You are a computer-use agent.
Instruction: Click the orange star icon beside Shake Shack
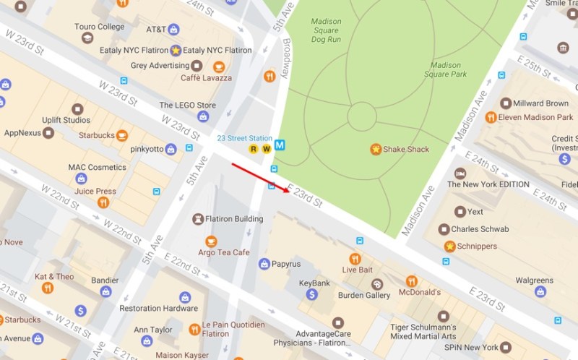point(376,150)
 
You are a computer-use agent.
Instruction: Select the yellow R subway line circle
point(253,149)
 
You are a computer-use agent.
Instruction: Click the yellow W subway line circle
point(265,149)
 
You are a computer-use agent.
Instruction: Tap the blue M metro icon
point(280,145)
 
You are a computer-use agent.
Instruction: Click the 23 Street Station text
point(245,137)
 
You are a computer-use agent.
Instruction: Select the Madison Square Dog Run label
point(326,31)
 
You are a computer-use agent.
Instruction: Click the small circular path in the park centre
point(362,116)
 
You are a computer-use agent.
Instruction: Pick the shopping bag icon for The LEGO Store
point(204,116)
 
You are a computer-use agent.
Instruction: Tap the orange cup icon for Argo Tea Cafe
point(211,241)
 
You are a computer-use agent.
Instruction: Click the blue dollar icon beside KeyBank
point(311,294)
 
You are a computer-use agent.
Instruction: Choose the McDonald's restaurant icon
point(411,281)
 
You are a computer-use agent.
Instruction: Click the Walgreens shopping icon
point(540,292)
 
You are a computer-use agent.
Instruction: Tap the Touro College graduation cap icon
point(87,38)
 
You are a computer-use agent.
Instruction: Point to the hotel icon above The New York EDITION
point(460,173)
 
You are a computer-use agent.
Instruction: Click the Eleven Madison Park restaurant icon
point(491,117)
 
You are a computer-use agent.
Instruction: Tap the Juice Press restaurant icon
point(103,202)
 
